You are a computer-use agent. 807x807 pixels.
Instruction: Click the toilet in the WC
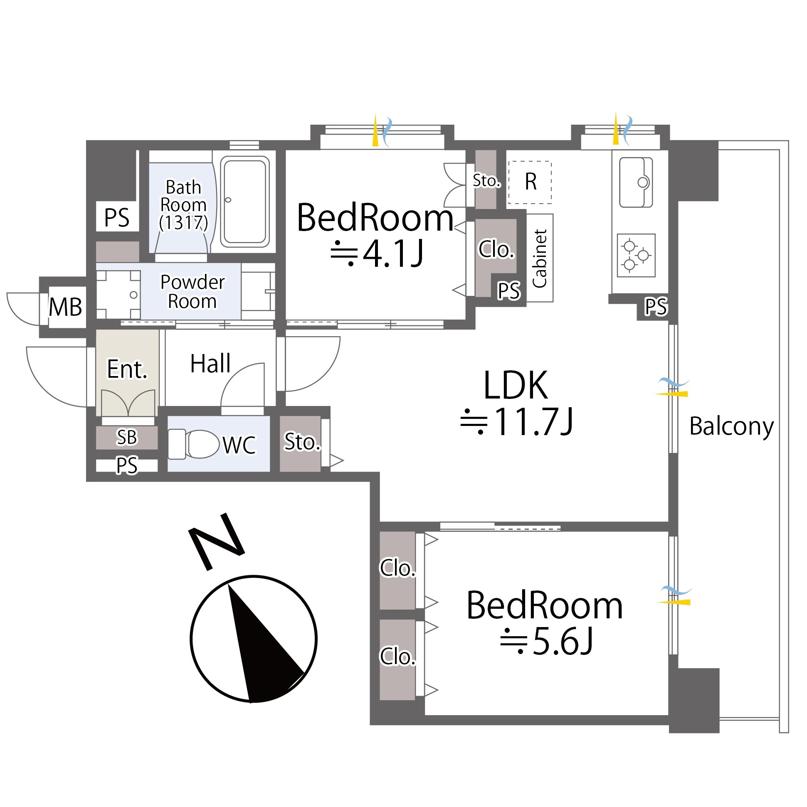pyautogui.click(x=193, y=445)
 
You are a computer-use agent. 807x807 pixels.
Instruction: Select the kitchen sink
pyautogui.click(x=636, y=182)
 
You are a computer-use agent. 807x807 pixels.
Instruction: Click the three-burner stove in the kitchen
pyautogui.click(x=636, y=255)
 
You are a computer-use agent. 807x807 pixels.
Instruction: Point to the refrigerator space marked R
pyautogui.click(x=530, y=182)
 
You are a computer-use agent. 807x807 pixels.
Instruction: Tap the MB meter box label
pyautogui.click(x=65, y=307)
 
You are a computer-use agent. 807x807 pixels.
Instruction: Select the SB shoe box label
pyautogui.click(x=127, y=437)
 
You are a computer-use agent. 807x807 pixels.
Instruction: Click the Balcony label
pyautogui.click(x=731, y=427)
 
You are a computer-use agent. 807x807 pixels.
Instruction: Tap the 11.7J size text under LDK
pyautogui.click(x=516, y=422)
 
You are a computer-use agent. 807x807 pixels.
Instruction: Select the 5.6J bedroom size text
pyautogui.click(x=547, y=642)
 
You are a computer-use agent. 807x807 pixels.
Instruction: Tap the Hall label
pyautogui.click(x=210, y=364)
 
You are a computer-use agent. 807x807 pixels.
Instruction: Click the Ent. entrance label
pyautogui.click(x=128, y=369)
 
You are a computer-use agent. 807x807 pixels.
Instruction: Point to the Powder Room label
pyautogui.click(x=192, y=292)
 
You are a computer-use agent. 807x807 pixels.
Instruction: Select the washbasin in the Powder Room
pyautogui.click(x=118, y=295)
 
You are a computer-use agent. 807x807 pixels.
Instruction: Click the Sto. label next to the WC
pyautogui.click(x=302, y=442)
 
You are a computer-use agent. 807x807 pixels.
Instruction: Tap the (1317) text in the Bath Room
pyautogui.click(x=183, y=222)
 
